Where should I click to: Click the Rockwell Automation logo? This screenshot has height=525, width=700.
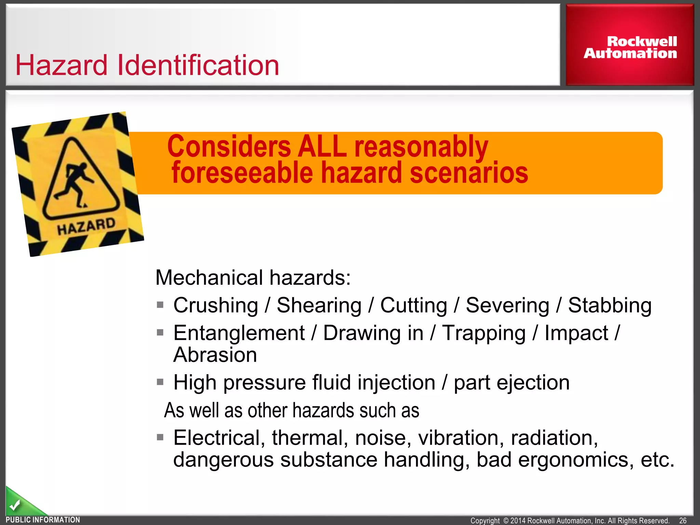click(630, 48)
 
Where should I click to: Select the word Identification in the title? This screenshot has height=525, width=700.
click(198, 65)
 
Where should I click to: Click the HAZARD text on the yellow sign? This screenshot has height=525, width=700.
click(86, 226)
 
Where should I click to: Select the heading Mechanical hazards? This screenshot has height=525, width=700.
click(253, 278)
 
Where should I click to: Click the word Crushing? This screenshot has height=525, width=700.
click(216, 305)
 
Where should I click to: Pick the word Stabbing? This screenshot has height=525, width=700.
click(609, 305)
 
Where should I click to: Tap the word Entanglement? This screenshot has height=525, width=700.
click(239, 333)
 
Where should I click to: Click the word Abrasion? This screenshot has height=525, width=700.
click(215, 355)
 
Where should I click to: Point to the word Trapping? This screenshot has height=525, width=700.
click(484, 333)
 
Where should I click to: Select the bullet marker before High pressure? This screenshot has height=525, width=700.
click(160, 382)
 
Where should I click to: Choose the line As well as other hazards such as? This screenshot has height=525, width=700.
click(292, 410)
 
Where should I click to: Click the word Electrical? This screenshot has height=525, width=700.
click(219, 438)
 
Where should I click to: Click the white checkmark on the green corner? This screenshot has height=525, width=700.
click(14, 505)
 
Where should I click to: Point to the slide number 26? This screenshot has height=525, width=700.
click(683, 520)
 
